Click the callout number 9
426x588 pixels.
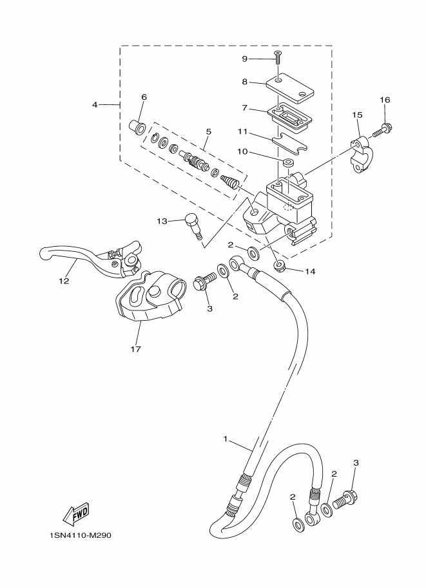point(245,59)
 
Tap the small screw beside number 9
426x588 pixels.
point(277,58)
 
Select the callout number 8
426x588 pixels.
point(245,82)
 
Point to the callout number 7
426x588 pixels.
point(245,109)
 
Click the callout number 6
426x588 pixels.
point(144,97)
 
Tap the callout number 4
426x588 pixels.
point(95,104)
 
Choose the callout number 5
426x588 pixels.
point(208,131)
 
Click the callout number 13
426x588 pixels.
point(161,221)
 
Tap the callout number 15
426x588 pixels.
point(356,115)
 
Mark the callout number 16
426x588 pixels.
point(385,100)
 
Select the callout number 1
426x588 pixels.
point(226,439)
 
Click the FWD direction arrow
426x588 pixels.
point(76,513)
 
